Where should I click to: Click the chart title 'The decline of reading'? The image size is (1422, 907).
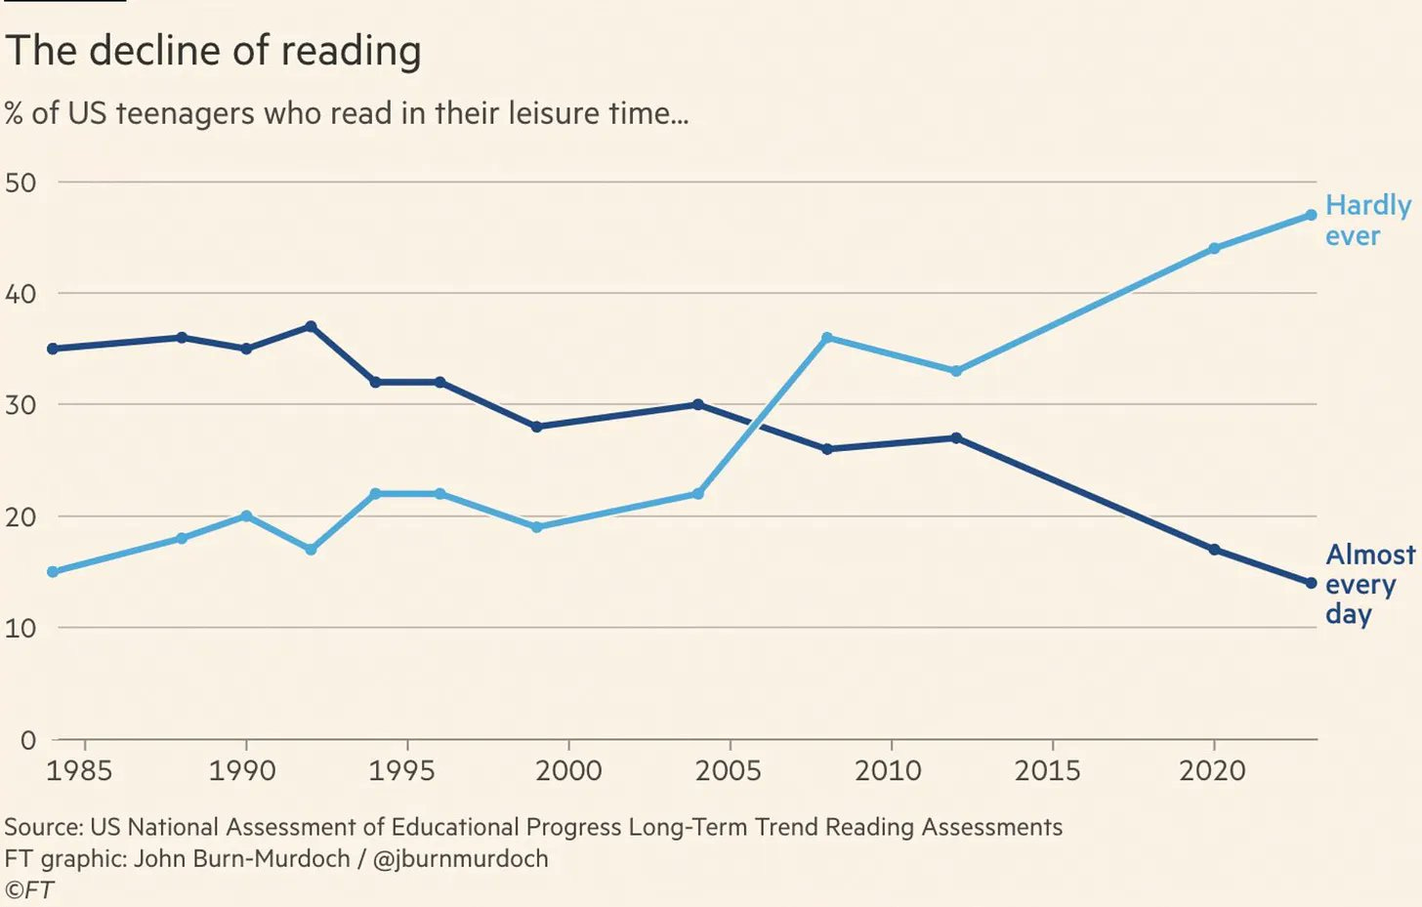click(213, 51)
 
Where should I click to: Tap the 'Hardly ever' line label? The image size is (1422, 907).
click(1367, 221)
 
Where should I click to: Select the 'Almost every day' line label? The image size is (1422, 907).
click(1369, 584)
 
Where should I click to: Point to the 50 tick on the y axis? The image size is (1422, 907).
click(21, 183)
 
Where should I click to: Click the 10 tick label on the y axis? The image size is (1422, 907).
click(21, 629)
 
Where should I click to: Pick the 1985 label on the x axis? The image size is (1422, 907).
click(79, 771)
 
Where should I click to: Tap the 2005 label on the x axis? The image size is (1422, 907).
click(728, 771)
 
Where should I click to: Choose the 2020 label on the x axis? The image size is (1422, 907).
click(1212, 771)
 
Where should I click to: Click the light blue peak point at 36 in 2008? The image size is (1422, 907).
click(827, 338)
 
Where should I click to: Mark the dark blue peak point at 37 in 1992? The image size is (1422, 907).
click(311, 326)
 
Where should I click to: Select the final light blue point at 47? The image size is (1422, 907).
click(1311, 215)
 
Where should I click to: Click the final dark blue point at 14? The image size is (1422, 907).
click(1311, 583)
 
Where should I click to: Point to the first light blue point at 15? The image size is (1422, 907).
click(53, 572)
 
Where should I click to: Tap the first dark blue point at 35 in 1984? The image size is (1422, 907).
click(53, 349)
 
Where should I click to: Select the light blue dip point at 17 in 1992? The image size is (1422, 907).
click(311, 550)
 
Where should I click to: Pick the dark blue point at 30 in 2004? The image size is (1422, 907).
click(697, 404)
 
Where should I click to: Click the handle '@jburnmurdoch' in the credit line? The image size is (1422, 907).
click(460, 859)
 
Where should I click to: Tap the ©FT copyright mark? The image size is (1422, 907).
click(29, 890)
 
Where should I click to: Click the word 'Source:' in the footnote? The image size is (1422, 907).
click(44, 827)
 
